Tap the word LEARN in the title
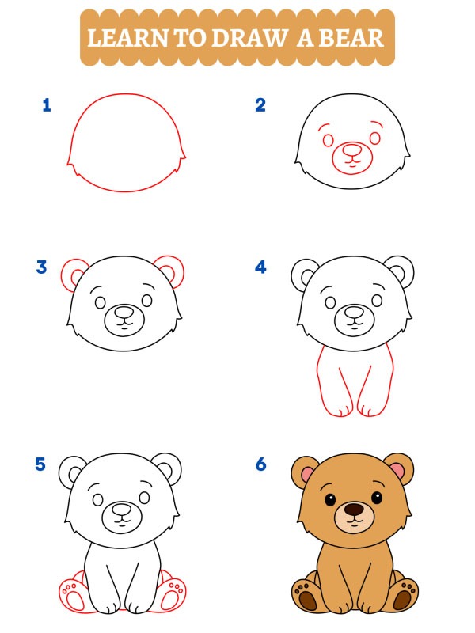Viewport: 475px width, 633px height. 123,37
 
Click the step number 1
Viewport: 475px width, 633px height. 47,104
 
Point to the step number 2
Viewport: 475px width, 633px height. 260,104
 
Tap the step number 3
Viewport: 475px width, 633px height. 42,267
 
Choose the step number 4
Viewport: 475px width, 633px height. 260,267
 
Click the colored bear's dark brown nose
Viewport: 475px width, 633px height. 354,510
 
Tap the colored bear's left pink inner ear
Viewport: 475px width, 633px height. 304,473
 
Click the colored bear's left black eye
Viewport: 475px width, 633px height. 329,498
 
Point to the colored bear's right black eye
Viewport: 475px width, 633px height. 377,498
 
